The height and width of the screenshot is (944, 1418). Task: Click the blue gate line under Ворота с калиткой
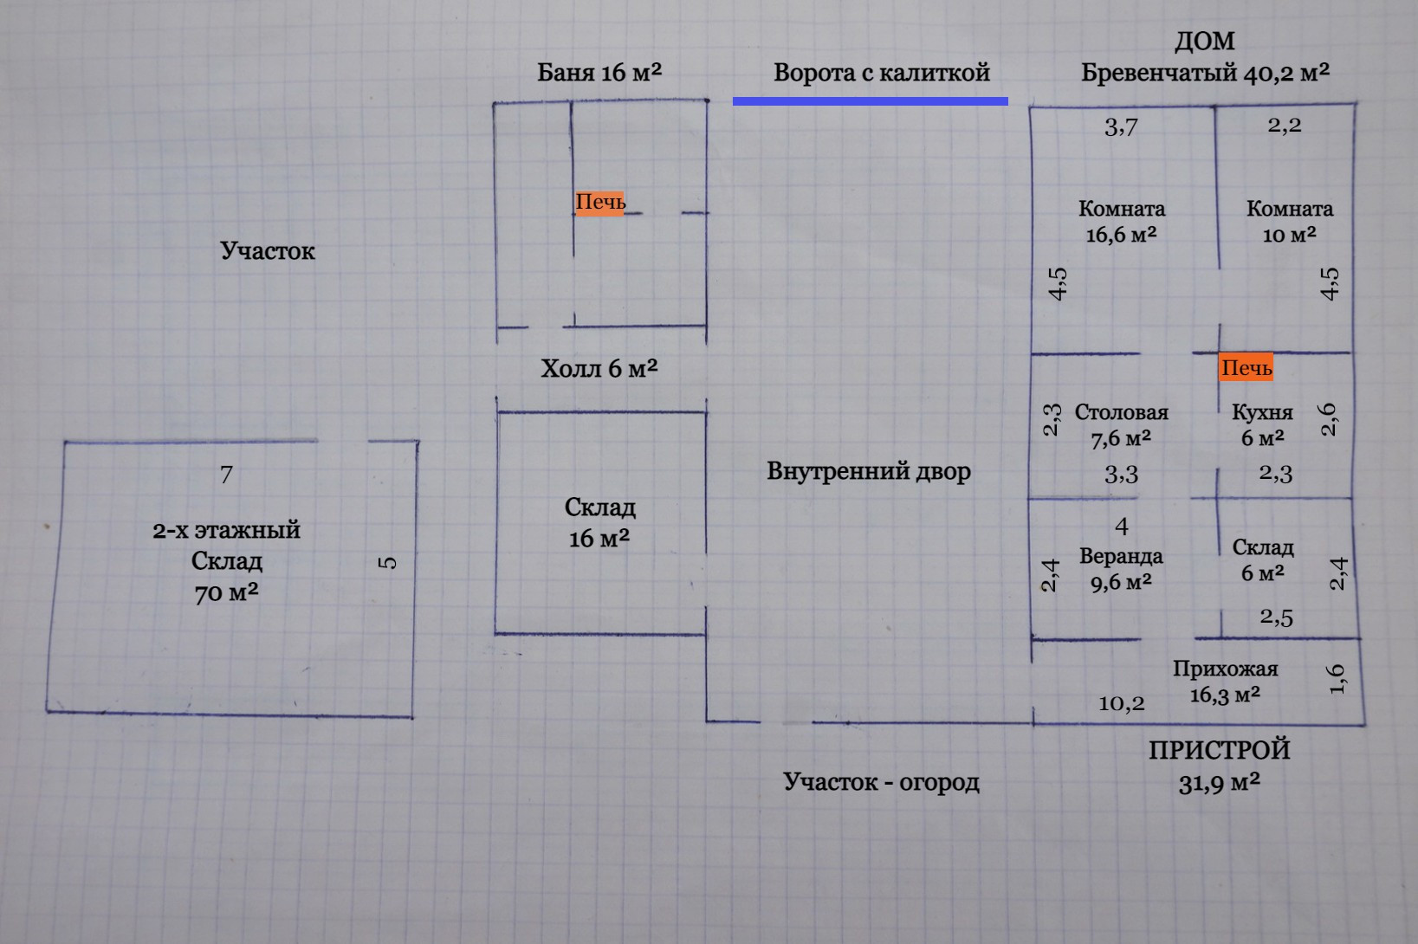(870, 101)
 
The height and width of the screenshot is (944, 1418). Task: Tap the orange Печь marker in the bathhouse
(599, 203)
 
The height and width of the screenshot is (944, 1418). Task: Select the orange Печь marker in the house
(1246, 368)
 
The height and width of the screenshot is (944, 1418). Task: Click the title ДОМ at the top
(1204, 42)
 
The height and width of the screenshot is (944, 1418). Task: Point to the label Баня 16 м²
(599, 72)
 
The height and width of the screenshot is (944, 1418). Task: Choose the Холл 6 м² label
(599, 369)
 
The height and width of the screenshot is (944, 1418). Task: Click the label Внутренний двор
(869, 472)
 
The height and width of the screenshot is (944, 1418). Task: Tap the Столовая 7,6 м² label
(1122, 425)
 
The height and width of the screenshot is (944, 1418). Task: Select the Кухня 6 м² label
(1262, 424)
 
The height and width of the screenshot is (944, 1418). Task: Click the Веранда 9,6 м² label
(1121, 569)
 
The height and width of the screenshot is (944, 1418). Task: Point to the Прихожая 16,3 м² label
(1225, 682)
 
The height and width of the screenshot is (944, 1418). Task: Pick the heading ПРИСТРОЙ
(1219, 750)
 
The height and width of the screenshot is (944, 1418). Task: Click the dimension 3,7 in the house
(1121, 127)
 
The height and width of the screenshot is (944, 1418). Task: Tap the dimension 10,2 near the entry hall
(1122, 703)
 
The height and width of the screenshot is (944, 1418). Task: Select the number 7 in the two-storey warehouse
(226, 475)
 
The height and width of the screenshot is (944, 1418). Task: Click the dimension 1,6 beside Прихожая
(1337, 678)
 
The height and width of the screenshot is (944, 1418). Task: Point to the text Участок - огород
(881, 782)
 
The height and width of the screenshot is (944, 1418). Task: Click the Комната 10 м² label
(1290, 222)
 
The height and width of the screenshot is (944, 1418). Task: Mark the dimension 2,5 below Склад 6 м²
(1276, 617)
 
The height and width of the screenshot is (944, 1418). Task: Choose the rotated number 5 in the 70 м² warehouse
(388, 562)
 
